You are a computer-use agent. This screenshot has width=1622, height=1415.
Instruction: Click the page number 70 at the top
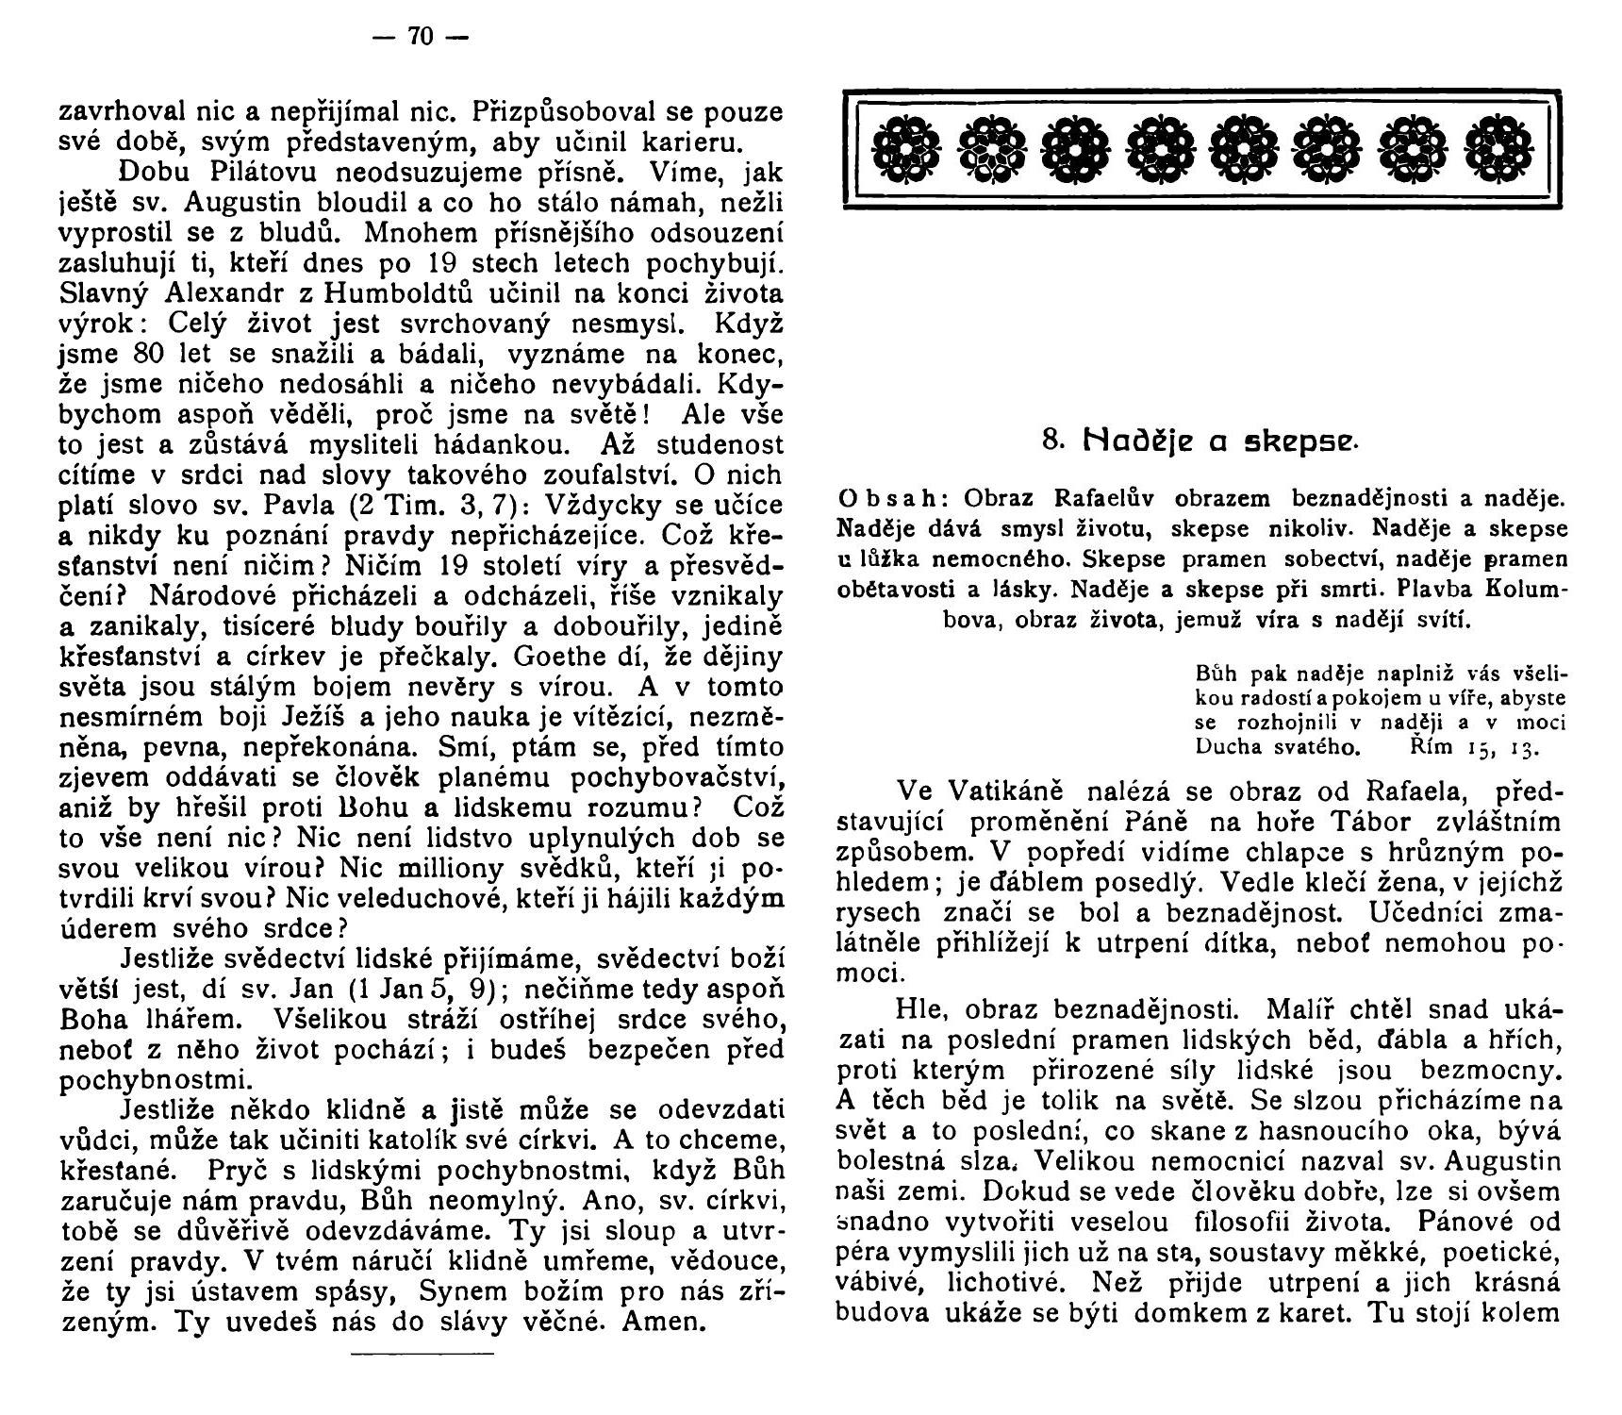(x=420, y=37)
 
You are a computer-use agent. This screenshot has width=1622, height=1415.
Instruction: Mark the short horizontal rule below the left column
(x=422, y=1357)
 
